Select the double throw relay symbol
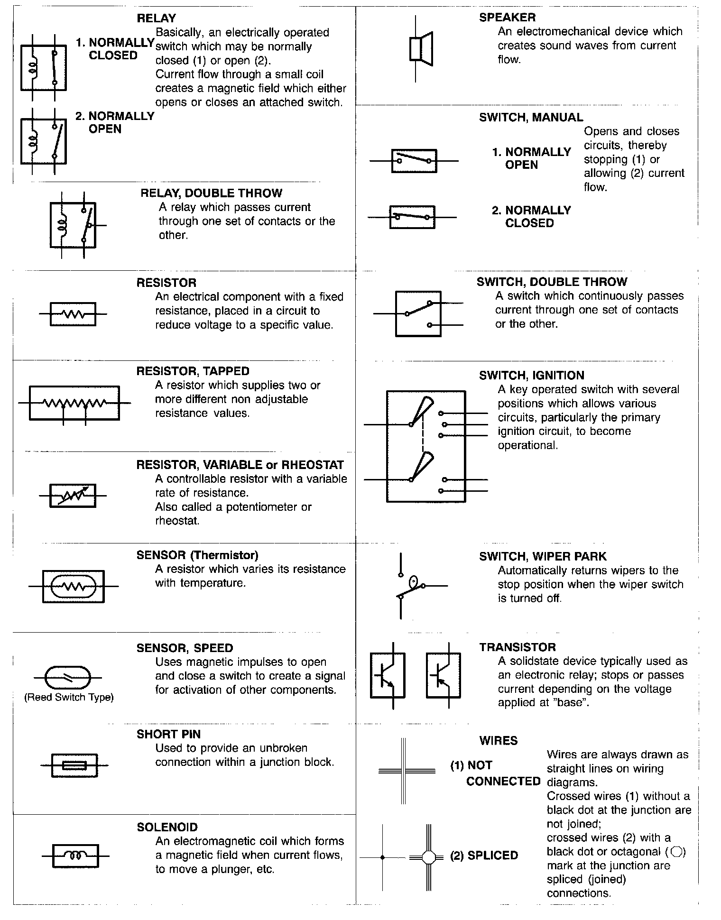click(73, 225)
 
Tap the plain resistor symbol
click(73, 314)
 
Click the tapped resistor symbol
click(74, 403)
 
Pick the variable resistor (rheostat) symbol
click(73, 496)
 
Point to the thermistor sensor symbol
click(73, 587)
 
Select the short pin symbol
click(74, 765)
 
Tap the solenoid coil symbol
click(75, 856)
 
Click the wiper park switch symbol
click(409, 586)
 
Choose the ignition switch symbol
click(425, 446)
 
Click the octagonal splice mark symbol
click(428, 857)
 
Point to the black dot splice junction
click(383, 857)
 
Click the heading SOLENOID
click(167, 828)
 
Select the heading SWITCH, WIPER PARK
click(543, 556)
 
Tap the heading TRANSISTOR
click(517, 647)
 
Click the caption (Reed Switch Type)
click(69, 697)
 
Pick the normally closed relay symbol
click(44, 68)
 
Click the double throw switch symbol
click(418, 314)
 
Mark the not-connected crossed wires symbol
click(404, 771)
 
